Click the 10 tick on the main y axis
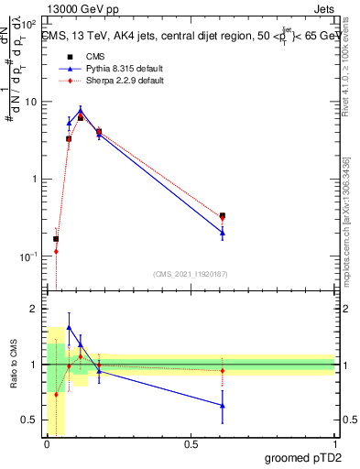[x=30, y=102]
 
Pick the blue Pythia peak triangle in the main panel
[x=81, y=112]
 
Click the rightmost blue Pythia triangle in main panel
[x=223, y=233]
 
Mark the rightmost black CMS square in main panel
[x=223, y=216]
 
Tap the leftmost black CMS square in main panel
[x=56, y=239]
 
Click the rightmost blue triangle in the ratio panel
[x=223, y=405]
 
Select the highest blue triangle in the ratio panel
[x=69, y=327]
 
